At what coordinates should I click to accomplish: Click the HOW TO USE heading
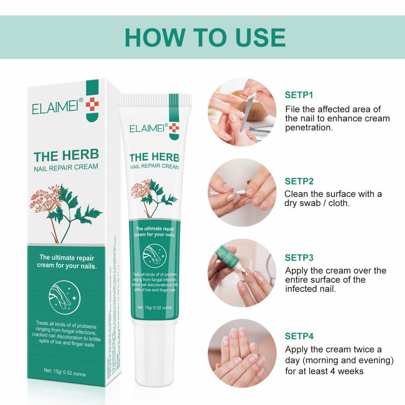click(205, 38)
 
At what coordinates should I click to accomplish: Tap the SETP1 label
click(299, 95)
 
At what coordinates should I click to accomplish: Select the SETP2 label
click(299, 181)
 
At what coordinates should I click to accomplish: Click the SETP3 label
click(299, 258)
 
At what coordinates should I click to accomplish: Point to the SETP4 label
click(299, 336)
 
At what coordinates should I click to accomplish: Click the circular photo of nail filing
click(242, 112)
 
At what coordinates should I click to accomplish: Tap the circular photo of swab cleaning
click(242, 193)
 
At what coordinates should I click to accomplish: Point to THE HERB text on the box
click(66, 155)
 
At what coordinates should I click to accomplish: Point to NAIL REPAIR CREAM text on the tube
click(154, 167)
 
